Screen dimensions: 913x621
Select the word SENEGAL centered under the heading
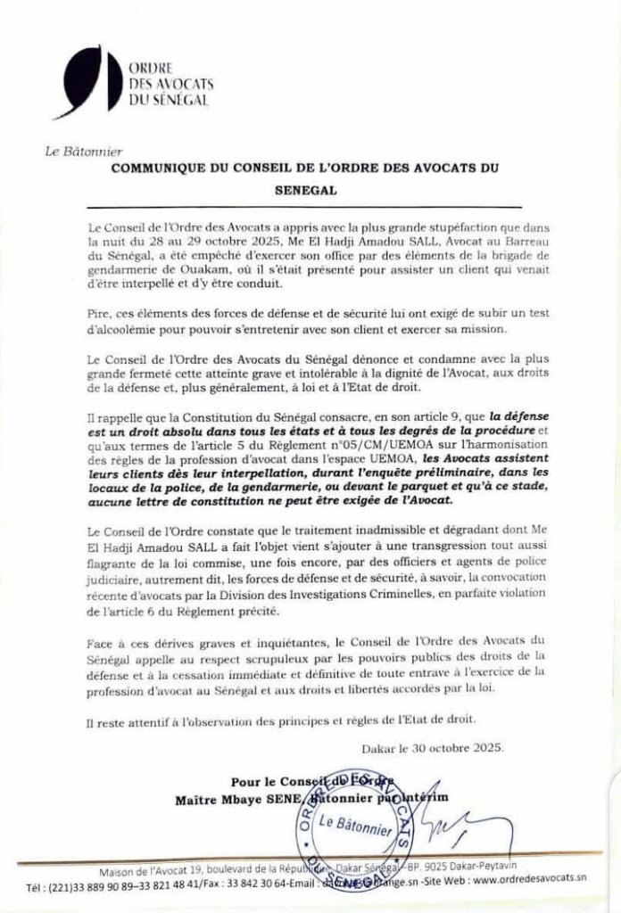click(x=303, y=190)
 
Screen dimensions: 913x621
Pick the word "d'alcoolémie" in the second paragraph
click(x=124, y=329)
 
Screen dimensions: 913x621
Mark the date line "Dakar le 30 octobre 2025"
click(x=432, y=747)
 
